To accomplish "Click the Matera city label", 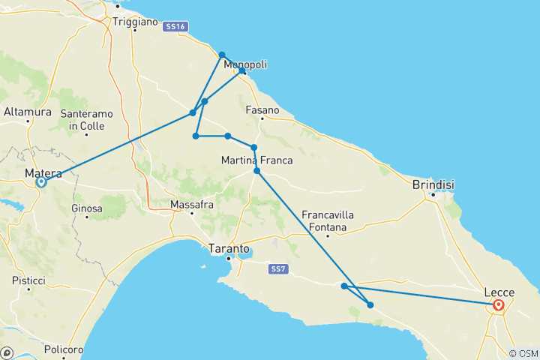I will (x=43, y=173).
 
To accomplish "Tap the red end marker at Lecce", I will (x=498, y=305).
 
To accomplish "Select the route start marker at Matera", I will (x=41, y=181).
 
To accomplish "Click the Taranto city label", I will (x=229, y=248).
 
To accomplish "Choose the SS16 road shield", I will (x=174, y=27).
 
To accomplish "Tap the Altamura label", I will (x=28, y=112).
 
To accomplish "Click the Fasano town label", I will (x=262, y=109).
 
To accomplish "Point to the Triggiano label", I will (x=132, y=22).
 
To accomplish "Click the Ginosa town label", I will (x=86, y=207).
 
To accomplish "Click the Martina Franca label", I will (x=256, y=160).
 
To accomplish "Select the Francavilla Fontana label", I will (x=328, y=221).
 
